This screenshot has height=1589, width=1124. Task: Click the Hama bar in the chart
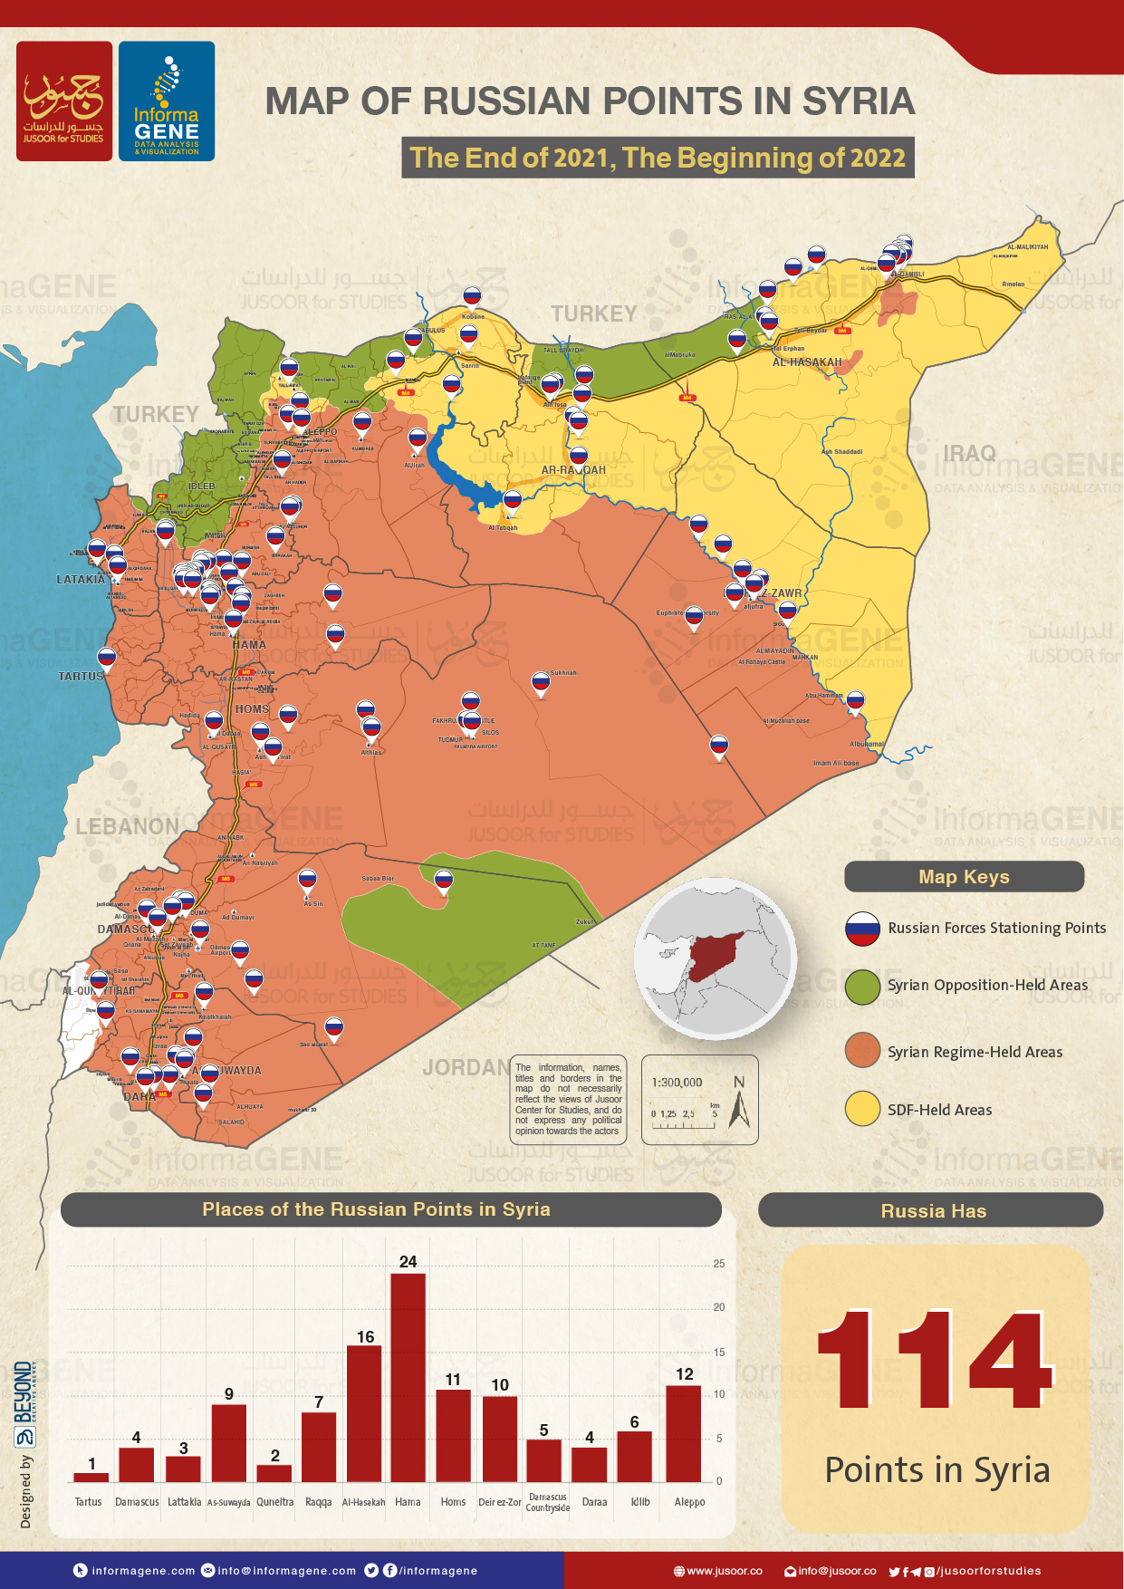tap(408, 1377)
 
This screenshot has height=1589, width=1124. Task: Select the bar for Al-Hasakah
tap(364, 1413)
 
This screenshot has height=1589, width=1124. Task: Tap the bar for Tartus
tap(91, 1477)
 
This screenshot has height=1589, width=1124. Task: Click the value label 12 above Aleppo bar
tap(685, 1374)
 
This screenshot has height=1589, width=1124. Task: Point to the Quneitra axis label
tap(274, 1502)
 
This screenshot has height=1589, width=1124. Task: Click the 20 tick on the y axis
tap(719, 1307)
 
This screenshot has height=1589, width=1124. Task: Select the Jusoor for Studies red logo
tap(64, 101)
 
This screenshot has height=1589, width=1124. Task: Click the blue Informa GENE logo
tap(167, 101)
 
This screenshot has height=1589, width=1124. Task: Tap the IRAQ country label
tap(969, 453)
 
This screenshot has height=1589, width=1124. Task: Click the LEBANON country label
tap(127, 826)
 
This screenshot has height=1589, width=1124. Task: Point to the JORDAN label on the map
tap(465, 1067)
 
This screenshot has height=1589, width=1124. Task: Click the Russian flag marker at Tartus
tap(107, 657)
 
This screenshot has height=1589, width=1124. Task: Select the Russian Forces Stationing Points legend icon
tap(862, 929)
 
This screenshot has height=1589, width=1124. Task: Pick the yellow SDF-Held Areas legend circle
tap(862, 1109)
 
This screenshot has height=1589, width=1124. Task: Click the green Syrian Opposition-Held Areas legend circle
tap(862, 986)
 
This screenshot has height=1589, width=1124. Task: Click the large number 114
tap(935, 1359)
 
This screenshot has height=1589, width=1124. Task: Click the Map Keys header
tap(964, 877)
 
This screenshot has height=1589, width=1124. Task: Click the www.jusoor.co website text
tap(724, 1571)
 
